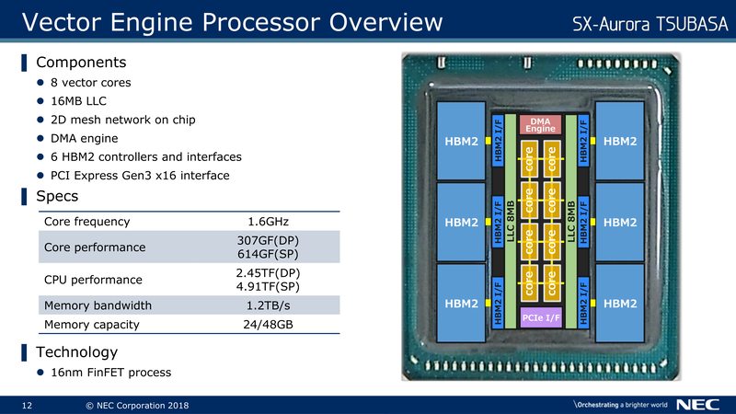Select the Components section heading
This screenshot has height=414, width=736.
click(80, 63)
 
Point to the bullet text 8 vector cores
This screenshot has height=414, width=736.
click(90, 83)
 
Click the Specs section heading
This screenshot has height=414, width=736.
click(56, 197)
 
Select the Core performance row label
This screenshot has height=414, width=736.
click(95, 247)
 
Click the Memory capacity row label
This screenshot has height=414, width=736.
click(91, 324)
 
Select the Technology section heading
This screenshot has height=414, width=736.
click(76, 352)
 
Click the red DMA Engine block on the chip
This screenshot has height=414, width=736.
click(541, 124)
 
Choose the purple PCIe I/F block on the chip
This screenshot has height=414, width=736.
click(541, 318)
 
